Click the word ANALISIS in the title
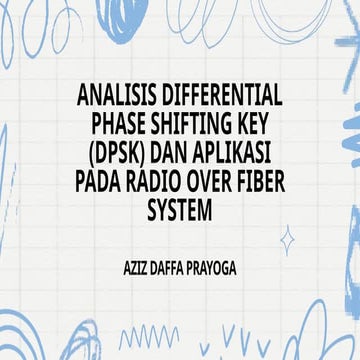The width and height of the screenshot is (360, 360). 114,97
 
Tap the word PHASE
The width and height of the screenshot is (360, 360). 119,126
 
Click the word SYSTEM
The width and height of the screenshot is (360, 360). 180,213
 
